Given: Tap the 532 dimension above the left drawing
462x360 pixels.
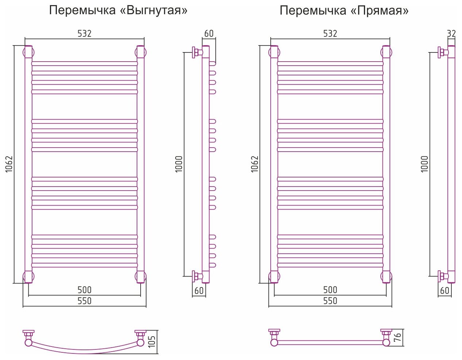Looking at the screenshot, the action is tap(84, 34).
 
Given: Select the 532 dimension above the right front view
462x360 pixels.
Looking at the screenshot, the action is tap(330, 34).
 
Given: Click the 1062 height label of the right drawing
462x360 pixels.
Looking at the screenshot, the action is tap(255, 164).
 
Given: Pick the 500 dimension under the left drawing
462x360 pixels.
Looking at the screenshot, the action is tap(84, 290).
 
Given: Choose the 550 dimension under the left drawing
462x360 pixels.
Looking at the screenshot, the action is tap(84, 301).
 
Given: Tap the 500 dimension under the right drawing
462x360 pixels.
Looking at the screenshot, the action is tap(330, 290).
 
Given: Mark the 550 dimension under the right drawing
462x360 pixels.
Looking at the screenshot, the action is tap(330, 301).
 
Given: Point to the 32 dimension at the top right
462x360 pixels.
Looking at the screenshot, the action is tap(451, 34).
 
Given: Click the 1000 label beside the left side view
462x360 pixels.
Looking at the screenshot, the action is tap(179, 164).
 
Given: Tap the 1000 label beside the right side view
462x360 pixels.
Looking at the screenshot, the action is tap(425, 164).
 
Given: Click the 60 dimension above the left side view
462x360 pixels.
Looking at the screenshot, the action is tap(209, 34).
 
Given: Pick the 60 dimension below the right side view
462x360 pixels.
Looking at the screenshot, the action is tap(445, 291).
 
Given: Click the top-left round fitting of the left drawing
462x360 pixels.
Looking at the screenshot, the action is tap(28, 52).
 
